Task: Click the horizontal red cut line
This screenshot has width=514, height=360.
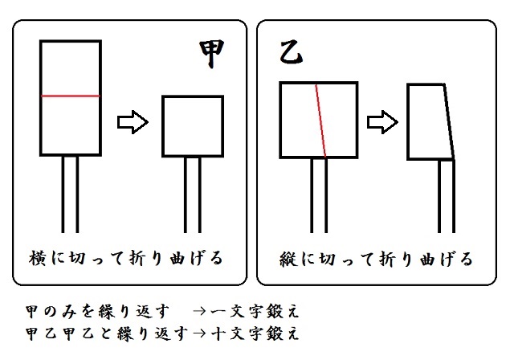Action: pyautogui.click(x=71, y=96)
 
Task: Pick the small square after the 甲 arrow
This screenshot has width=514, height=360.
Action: pyautogui.click(x=193, y=126)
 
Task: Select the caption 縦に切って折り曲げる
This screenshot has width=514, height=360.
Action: pyautogui.click(x=377, y=259)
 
